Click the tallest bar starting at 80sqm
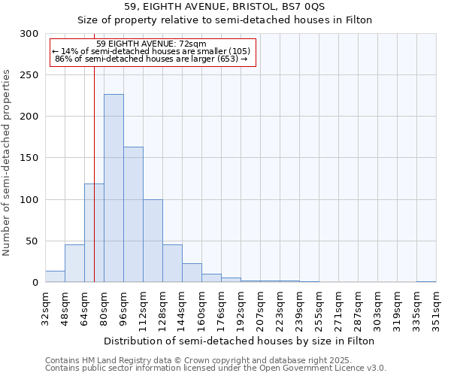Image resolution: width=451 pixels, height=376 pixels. click(x=114, y=188)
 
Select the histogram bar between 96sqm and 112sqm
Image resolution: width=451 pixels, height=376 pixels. click(x=133, y=214)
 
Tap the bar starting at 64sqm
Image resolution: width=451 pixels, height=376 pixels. click(x=94, y=233)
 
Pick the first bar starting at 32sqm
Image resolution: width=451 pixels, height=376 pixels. click(x=55, y=277)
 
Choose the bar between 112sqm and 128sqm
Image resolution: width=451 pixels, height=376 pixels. click(x=153, y=241)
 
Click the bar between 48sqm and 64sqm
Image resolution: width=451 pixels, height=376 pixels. click(x=74, y=263)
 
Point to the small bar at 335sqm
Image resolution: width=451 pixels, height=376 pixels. click(x=426, y=281)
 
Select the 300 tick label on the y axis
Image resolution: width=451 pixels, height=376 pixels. click(x=29, y=34)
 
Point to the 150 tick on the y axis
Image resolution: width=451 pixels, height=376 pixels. click(x=29, y=158)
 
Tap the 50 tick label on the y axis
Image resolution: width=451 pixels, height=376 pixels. click(x=32, y=241)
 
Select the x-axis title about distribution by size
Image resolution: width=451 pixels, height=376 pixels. click(x=239, y=341)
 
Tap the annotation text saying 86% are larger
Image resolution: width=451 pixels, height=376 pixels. click(x=151, y=59)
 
